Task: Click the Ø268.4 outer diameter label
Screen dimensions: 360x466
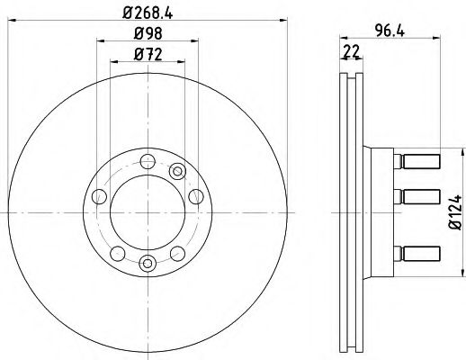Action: click(x=148, y=13)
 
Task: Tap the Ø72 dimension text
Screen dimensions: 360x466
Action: click(x=148, y=55)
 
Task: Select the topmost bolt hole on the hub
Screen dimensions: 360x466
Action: click(x=148, y=162)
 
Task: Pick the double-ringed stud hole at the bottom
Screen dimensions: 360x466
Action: click(x=148, y=263)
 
